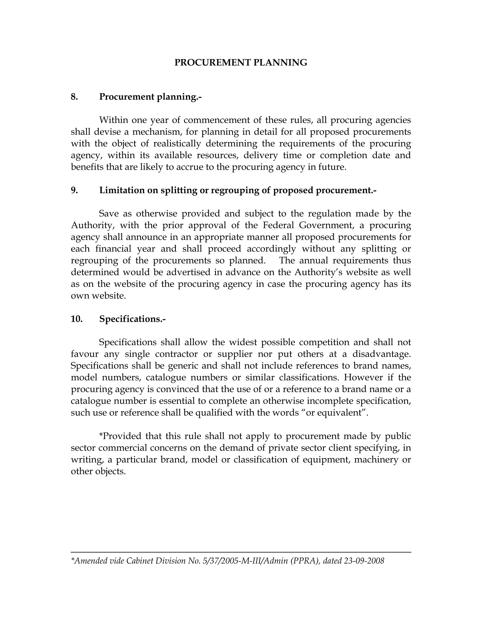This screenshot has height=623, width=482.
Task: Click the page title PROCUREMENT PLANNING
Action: click(241, 63)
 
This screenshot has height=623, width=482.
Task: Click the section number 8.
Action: click(74, 97)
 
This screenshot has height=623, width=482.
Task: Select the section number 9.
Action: click(74, 190)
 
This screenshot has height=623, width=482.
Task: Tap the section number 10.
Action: click(76, 319)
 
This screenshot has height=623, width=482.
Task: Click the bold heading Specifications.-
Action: click(132, 319)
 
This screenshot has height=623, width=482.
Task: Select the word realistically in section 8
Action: click(177, 143)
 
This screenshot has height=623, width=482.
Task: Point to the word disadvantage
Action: click(381, 354)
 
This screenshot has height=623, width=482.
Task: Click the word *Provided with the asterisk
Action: click(119, 436)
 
